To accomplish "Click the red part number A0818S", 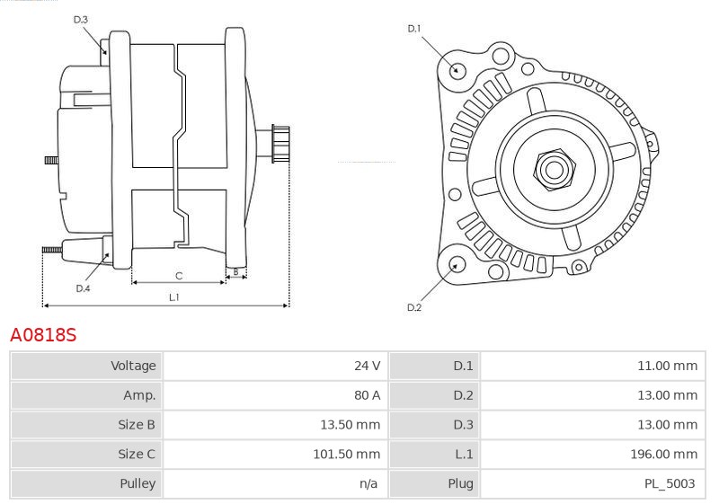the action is pos(43,335).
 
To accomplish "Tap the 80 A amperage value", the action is pos(367,395).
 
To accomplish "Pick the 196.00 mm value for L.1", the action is pos(663,454).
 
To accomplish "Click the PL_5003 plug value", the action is pos(670,483).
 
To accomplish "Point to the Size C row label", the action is pos(137,454).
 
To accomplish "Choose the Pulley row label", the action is pos(138,483).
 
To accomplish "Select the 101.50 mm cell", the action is pos(347,454).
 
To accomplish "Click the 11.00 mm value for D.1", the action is pos(667,366).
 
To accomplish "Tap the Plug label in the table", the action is pos(460,483).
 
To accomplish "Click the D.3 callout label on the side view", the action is pos(80,20).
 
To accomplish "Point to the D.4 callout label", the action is pos(83,288).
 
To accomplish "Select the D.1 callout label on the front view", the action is pos(414,29).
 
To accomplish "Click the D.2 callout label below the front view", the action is pos(414,307).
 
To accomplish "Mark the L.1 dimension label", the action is pos(173,297).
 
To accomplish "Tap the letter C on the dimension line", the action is pos(179,276).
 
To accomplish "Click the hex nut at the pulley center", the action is pos(554,170).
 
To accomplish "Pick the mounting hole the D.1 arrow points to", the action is pos(456,70).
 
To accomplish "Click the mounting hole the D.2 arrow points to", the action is pos(456,265).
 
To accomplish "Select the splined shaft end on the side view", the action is pos(280,144).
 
